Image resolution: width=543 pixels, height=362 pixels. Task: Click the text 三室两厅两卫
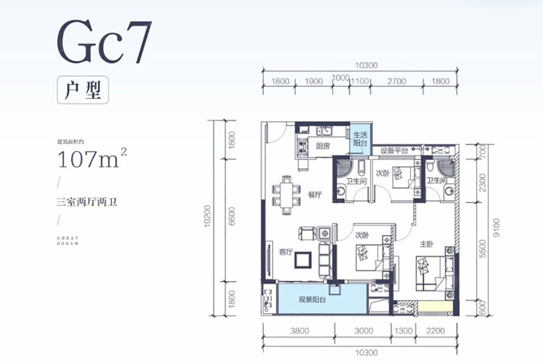87,202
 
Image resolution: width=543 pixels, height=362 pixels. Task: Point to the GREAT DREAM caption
68,241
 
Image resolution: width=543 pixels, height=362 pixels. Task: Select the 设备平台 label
394,150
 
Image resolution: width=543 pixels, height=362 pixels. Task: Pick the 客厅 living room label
286,252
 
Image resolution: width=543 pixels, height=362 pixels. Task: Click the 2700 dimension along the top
397,82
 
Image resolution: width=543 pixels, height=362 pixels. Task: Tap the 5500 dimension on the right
483,253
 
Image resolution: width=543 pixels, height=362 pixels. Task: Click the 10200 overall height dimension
208,220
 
